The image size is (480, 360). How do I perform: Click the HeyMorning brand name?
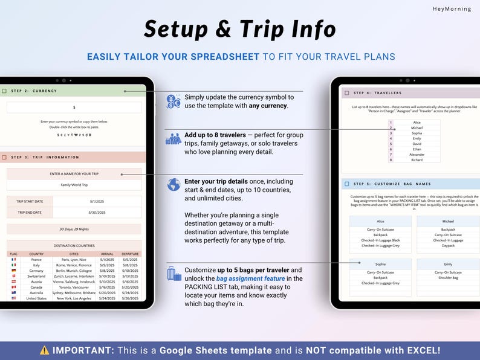[452, 9]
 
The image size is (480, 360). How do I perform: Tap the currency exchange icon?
[174, 101]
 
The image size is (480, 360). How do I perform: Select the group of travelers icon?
[174, 139]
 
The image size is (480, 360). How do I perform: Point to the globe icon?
[174, 184]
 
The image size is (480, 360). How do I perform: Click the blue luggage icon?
[174, 274]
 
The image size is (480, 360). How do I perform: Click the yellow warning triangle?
[45, 350]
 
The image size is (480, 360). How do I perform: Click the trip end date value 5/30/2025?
[97, 212]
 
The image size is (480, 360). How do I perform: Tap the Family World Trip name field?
[74, 185]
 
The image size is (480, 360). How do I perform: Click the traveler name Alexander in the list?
[417, 155]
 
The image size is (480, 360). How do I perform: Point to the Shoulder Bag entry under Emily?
[448, 278]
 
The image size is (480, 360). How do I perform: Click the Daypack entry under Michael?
[448, 246]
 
